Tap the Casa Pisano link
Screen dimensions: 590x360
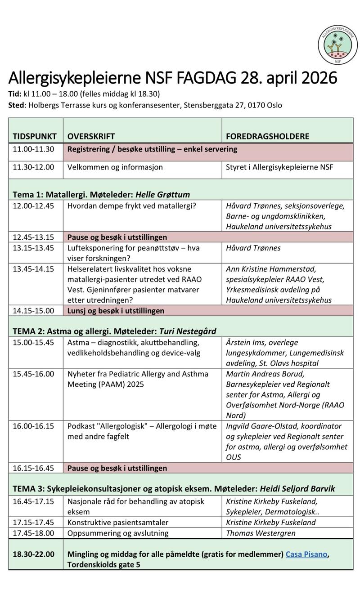click(x=306, y=554)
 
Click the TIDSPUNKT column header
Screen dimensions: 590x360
click(x=35, y=136)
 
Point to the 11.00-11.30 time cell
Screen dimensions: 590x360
click(x=33, y=149)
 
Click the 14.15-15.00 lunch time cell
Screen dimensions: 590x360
click(x=33, y=310)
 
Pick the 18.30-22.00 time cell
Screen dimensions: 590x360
click(x=33, y=554)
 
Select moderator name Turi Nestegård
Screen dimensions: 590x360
click(x=187, y=331)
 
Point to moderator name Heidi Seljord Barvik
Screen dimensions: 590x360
click(x=299, y=488)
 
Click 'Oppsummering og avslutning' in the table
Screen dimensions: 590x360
click(x=118, y=533)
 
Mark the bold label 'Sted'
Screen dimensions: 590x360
click(x=17, y=106)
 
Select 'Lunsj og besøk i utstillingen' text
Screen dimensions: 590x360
click(x=116, y=310)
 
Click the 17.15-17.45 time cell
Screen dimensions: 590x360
click(x=33, y=523)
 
